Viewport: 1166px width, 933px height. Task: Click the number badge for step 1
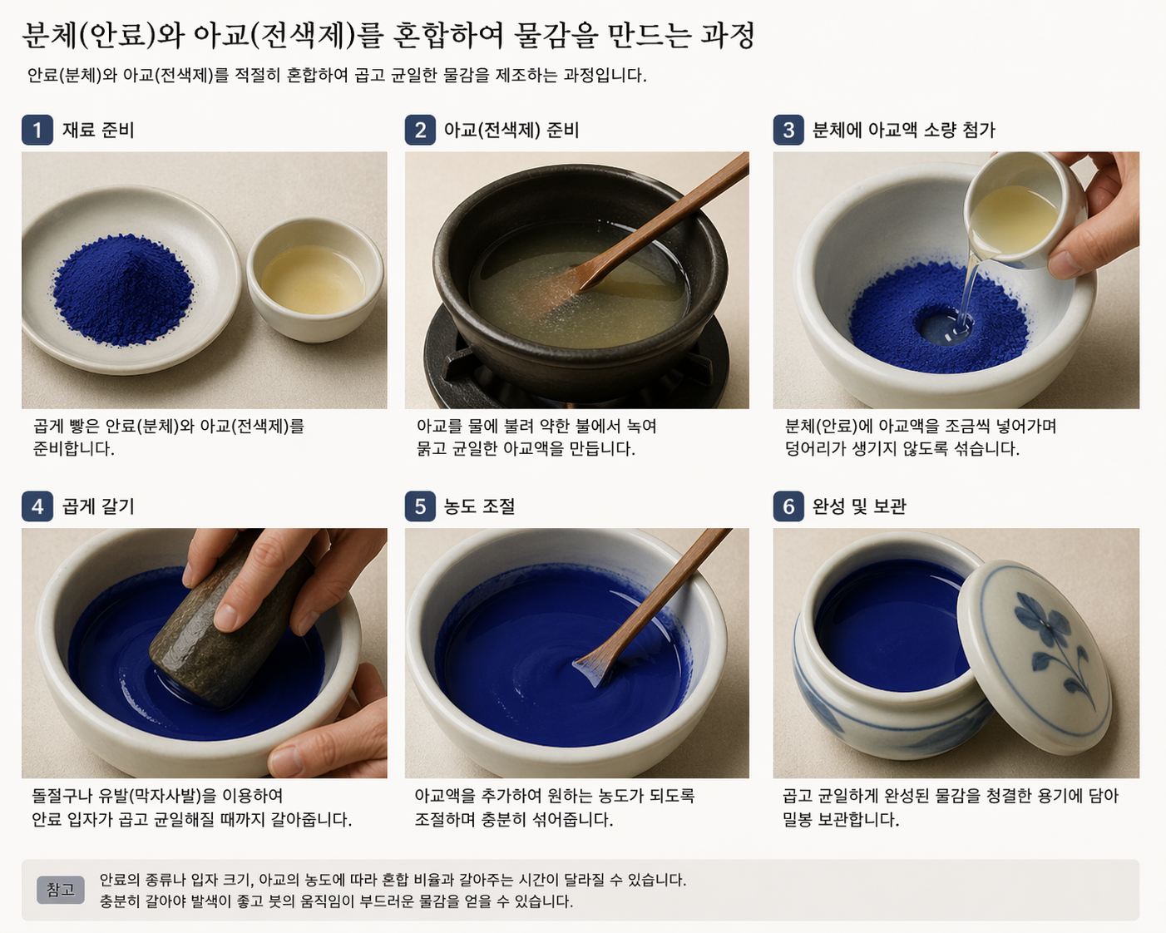click(37, 130)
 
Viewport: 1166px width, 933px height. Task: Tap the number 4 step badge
click(37, 506)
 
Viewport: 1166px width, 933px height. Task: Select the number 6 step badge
click(788, 506)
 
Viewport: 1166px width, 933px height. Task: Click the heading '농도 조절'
click(479, 506)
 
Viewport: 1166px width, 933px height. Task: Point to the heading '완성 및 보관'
click(859, 506)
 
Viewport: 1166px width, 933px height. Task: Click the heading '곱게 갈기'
click(98, 506)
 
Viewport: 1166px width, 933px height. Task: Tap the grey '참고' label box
click(61, 890)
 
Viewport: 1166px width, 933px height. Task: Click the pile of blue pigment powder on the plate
click(123, 290)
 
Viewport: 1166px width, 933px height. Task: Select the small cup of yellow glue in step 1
click(315, 279)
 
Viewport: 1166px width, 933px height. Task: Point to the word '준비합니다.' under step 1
click(74, 448)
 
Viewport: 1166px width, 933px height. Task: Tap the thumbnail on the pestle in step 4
click(226, 617)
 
